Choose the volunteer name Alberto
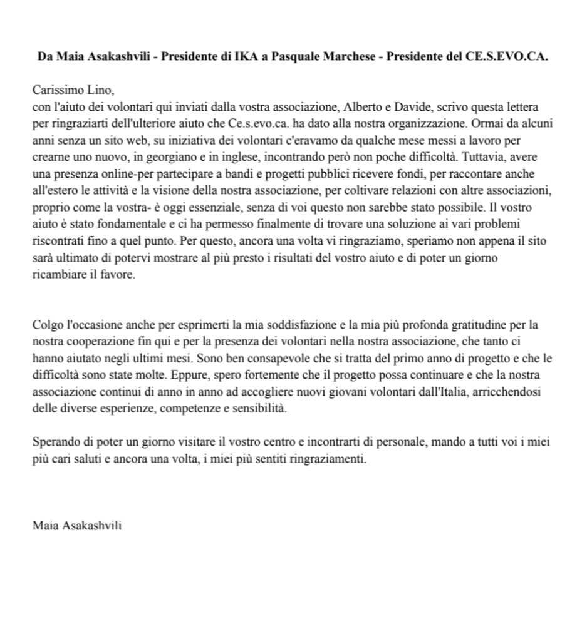pos(364,106)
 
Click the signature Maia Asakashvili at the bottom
pos(77,526)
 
